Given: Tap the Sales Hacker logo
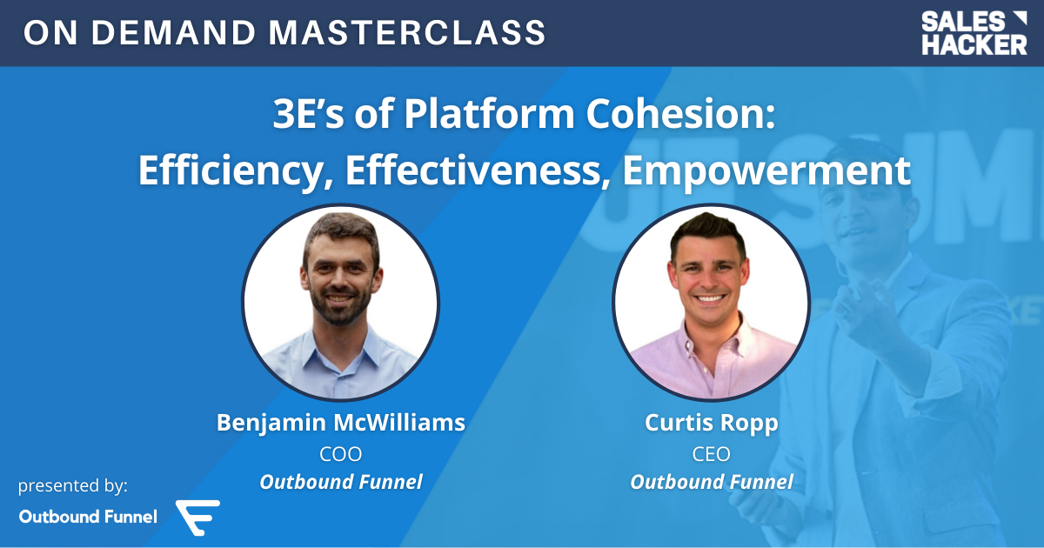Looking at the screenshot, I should click(974, 33).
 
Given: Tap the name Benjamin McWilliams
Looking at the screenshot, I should click(341, 423).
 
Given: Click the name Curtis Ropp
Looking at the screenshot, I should click(712, 423).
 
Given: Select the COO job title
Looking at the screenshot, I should click(341, 453).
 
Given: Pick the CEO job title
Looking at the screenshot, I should click(712, 453).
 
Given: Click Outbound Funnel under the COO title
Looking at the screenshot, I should click(341, 482).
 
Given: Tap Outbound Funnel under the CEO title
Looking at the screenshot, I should click(712, 482).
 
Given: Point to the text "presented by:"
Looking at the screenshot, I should click(73, 485).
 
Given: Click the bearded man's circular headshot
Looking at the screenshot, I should click(341, 302).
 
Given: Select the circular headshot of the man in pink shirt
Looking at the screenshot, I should click(711, 302).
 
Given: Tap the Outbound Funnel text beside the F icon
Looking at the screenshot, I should click(88, 517).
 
